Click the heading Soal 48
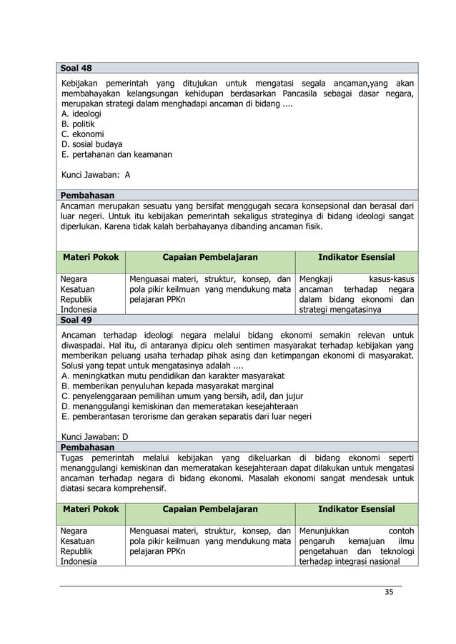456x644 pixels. pos(75,69)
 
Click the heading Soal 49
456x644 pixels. pos(75,320)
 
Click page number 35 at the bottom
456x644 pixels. pos(389,592)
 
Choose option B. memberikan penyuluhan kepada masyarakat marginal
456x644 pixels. pos(177,386)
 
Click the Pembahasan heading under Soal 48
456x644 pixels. pos(87,194)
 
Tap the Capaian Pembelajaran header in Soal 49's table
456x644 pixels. pos(209,509)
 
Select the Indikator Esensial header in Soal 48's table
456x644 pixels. pos(356,257)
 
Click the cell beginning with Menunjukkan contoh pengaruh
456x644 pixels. pos(356,546)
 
